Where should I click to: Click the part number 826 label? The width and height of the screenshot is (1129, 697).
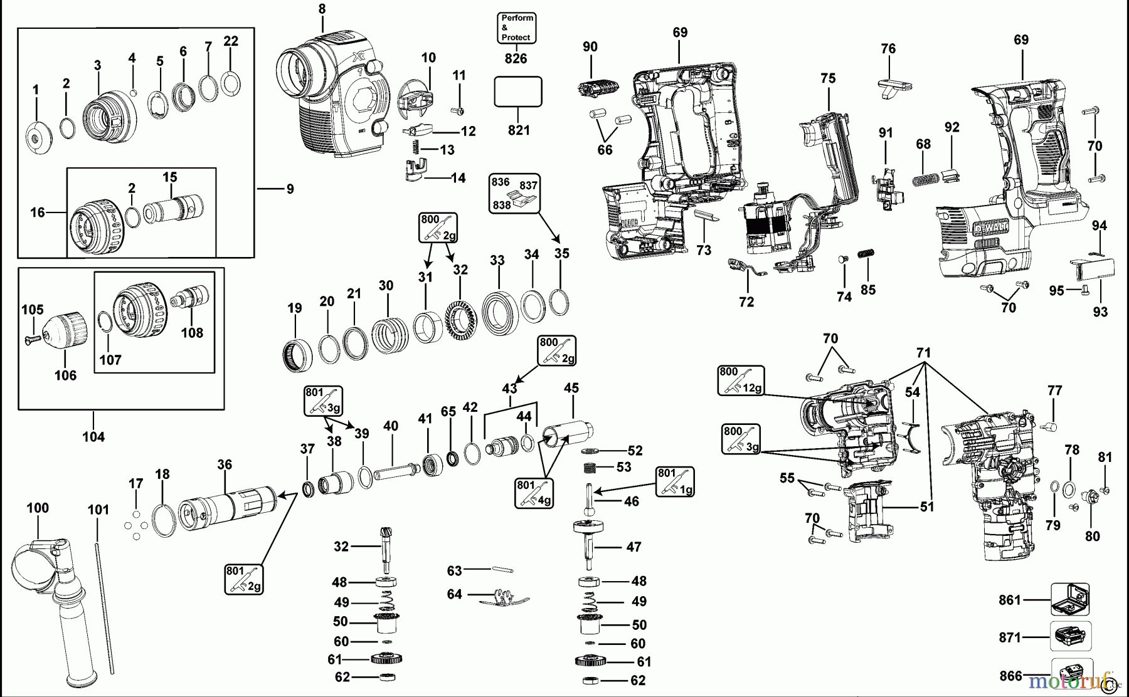[x=516, y=59]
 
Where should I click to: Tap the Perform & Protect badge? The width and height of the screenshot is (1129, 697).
[x=516, y=28]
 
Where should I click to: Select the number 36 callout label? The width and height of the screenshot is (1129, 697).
[x=225, y=464]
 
